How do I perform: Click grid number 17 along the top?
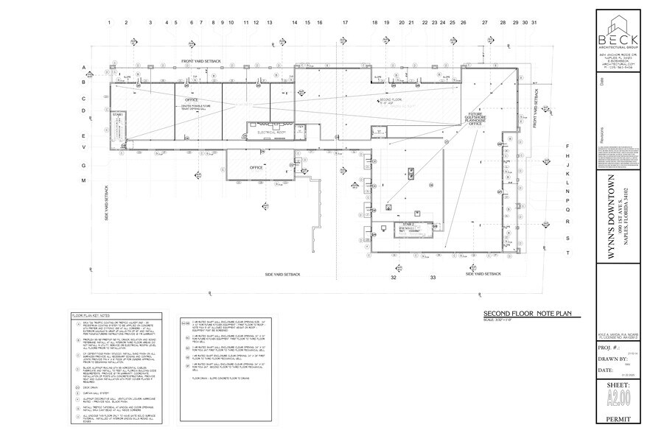pyautogui.click(x=345, y=24)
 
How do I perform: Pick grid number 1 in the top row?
pyautogui.click(x=109, y=24)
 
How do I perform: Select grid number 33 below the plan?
pyautogui.click(x=433, y=278)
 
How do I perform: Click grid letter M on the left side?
pyautogui.click(x=84, y=180)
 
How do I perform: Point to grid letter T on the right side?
pyautogui.click(x=567, y=253)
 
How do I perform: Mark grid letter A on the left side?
pyautogui.click(x=84, y=69)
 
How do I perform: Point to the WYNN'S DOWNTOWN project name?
pyautogui.click(x=611, y=214)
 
